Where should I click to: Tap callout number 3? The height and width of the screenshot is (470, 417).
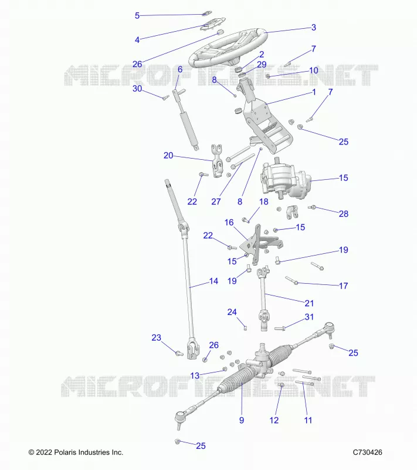coord(314,28)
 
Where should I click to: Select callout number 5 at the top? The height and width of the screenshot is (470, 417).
coord(137,16)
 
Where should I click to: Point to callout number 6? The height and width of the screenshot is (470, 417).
coord(180,69)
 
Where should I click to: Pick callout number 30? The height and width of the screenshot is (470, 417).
coord(137,89)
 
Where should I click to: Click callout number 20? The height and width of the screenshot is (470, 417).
coord(168,155)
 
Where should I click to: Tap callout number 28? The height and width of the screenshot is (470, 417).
coord(344,214)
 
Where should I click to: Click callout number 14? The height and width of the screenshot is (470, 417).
coord(213,281)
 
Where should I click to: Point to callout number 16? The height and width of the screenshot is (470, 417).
coord(229,223)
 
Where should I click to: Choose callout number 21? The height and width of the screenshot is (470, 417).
coord(309,303)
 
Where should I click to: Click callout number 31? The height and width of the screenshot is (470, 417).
coord(309,317)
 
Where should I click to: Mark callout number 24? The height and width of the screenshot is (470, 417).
coord(232,312)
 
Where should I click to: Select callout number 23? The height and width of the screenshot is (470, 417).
coord(156,337)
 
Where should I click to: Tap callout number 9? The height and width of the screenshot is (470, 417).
coord(242,420)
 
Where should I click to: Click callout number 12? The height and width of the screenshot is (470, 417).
coord(274,420)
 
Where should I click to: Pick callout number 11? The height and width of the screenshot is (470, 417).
coord(308,420)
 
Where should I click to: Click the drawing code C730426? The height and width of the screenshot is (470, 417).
coord(367,452)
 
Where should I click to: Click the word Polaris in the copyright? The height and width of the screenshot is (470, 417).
coord(65,452)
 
